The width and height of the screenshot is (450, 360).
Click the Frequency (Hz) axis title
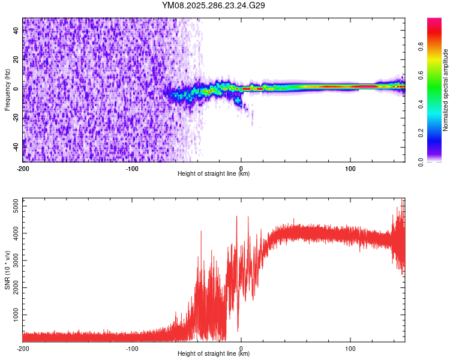pyautogui.click(x=7, y=90)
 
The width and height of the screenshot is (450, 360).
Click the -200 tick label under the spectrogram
pyautogui.click(x=23, y=167)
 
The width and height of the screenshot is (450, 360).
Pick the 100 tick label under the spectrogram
pyautogui.click(x=350, y=167)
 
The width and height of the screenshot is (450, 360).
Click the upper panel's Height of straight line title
pyautogui.click(x=214, y=173)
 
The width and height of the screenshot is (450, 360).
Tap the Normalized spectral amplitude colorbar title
pyautogui.click(x=446, y=90)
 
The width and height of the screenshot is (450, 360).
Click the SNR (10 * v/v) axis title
pyautogui.click(x=7, y=270)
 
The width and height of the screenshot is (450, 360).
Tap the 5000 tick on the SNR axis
pyautogui.click(x=12, y=206)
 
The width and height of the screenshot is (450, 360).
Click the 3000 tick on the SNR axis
pyautogui.click(x=12, y=260)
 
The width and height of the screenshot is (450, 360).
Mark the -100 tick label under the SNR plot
pyautogui.click(x=132, y=348)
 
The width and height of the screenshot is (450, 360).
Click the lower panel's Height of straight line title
pyautogui.click(x=214, y=354)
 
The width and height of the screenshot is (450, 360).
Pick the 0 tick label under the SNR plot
pyautogui.click(x=241, y=348)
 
